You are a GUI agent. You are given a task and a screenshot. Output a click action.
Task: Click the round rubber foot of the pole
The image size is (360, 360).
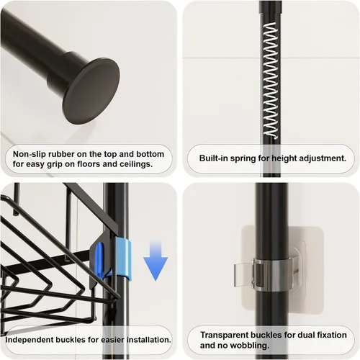click(91, 91)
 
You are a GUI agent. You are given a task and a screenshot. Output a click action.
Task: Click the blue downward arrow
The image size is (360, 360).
click(156, 261)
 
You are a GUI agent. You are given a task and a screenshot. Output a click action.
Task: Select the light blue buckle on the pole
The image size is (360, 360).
click(123, 259)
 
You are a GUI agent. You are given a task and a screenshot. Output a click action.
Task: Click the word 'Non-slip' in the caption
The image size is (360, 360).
click(30, 154)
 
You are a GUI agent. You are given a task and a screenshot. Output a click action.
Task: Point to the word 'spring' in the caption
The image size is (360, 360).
click(243, 159)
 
